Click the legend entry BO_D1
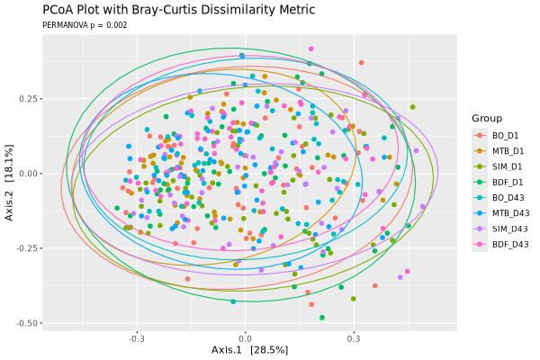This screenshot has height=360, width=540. point(505,136)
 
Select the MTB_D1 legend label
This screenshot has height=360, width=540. point(508,151)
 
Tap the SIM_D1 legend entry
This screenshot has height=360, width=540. point(507,166)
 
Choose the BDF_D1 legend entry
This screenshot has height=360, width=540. point(508,182)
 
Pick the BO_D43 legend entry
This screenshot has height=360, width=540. point(508,198)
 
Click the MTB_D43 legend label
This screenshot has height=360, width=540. point(510,213)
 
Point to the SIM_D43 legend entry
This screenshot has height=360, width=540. point(509,229)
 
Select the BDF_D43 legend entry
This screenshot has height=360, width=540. point(510,245)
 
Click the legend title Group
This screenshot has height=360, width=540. point(487,119)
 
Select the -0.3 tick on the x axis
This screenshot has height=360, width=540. point(136,338)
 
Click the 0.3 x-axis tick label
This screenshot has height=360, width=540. point(354,338)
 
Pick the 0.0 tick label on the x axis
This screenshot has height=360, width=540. point(245,338)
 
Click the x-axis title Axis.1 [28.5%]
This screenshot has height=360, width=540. point(249,350)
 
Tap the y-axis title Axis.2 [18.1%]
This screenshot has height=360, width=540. point(9,183)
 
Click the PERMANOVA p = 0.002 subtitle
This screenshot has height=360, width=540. point(85,25)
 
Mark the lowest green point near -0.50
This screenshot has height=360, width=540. point(322,318)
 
